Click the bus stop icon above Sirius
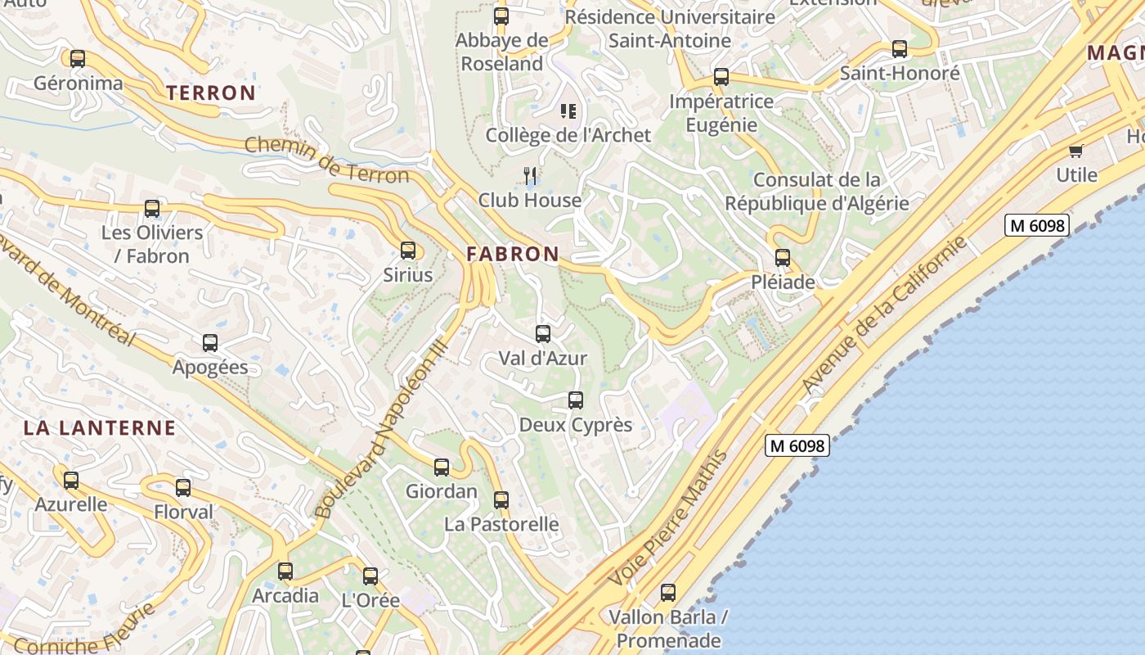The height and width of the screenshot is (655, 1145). point(407,251)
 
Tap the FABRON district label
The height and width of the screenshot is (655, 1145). point(513,255)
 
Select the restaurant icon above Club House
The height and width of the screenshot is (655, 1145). point(530,175)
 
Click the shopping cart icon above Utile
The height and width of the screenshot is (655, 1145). point(1075,151)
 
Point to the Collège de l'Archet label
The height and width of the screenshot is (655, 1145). point(568,135)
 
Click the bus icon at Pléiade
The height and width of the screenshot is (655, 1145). point(783,258)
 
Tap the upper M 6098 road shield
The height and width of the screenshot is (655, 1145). point(1036,225)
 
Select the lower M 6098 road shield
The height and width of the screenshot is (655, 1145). point(797,445)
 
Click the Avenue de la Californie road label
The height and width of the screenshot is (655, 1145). point(883,316)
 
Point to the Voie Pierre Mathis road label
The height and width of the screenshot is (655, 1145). point(667,519)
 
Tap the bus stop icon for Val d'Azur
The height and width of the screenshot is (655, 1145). point(543,334)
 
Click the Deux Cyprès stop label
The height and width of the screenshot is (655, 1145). point(576,425)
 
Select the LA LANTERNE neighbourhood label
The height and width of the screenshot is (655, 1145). point(100,427)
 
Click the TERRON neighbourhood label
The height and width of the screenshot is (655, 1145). point(211,93)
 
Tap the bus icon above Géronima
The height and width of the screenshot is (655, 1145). point(78,59)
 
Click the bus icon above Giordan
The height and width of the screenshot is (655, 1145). point(442,468)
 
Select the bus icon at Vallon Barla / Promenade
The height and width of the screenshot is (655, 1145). point(668,593)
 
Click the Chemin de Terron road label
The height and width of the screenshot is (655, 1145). point(326,160)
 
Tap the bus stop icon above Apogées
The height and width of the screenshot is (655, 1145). point(210,343)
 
